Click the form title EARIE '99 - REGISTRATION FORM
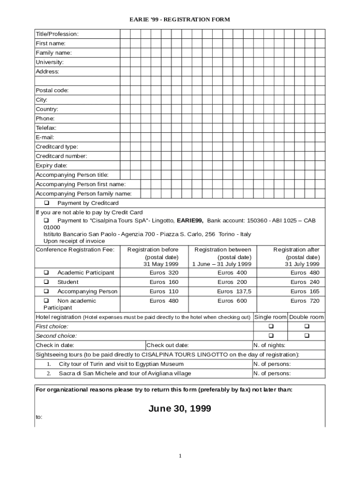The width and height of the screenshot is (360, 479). [x=180, y=20]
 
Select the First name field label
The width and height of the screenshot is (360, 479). [x=50, y=44]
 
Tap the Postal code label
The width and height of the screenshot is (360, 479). [x=52, y=90]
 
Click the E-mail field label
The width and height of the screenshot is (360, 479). [x=45, y=137]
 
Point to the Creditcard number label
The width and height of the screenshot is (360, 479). [x=61, y=156]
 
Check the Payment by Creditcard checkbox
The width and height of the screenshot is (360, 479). [x=47, y=203]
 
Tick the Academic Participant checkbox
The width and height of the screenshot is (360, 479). [x=47, y=273]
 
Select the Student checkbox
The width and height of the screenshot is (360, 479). [x=47, y=282]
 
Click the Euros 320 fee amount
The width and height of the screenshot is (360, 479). [x=164, y=273]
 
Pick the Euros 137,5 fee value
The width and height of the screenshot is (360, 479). [x=234, y=291]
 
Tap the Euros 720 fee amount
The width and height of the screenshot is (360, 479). [x=305, y=301]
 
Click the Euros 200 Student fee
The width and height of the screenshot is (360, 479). [x=232, y=282]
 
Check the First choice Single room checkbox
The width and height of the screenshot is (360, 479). [x=270, y=327]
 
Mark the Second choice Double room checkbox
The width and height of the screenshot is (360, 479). [x=307, y=336]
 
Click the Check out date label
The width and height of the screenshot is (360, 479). [x=168, y=345]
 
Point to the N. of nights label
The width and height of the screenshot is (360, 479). [x=269, y=345]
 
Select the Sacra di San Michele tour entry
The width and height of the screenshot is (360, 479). [x=124, y=373]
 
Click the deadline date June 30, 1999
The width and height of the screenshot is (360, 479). [x=180, y=409]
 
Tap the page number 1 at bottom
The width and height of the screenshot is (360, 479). [x=180, y=456]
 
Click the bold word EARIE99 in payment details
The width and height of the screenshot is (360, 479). [x=190, y=220]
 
